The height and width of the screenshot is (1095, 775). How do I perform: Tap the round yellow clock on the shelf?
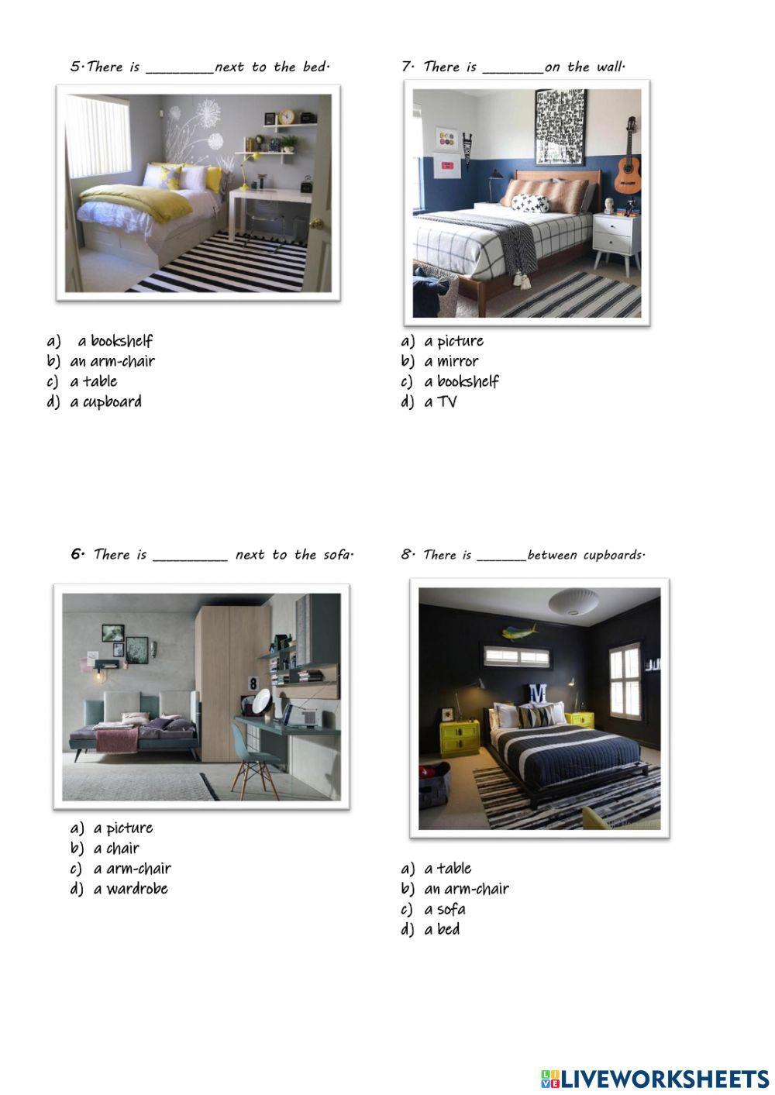point(286,117)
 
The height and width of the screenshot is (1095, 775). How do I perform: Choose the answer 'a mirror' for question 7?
point(451,361)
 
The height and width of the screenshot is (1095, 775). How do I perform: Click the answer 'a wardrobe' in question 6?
point(130,889)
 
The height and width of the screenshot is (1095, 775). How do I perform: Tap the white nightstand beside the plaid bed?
point(616,236)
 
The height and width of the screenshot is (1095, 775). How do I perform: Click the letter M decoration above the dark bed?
point(537,693)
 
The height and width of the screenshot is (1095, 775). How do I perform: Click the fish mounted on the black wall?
point(519,633)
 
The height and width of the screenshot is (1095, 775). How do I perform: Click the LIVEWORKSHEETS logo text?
point(664,1079)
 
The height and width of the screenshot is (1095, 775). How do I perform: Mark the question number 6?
point(77,554)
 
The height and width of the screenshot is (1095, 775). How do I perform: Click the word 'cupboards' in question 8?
point(613,555)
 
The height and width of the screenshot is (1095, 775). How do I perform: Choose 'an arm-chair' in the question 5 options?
point(112,361)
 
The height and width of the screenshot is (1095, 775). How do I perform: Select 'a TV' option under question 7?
point(440,401)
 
